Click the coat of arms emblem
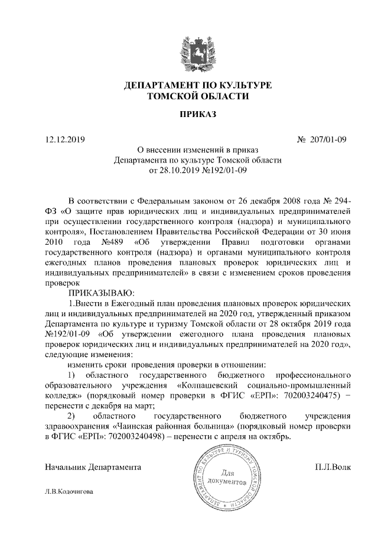point(189,50)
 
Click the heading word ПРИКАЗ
point(189,114)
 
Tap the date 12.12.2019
point(65,140)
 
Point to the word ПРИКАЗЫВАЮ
point(102,293)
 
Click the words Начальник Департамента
point(93,467)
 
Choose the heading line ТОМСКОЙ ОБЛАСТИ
point(190,96)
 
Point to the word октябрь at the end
point(274,437)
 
